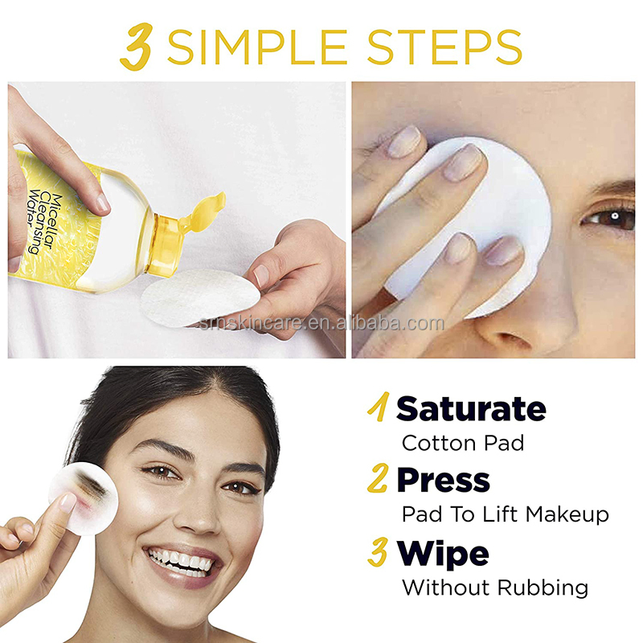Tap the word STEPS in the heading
coord(451,47)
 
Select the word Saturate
coord(471,408)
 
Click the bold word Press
coord(443,480)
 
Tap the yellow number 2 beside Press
coord(378,480)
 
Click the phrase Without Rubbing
coord(494,588)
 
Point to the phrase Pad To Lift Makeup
coord(505,514)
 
